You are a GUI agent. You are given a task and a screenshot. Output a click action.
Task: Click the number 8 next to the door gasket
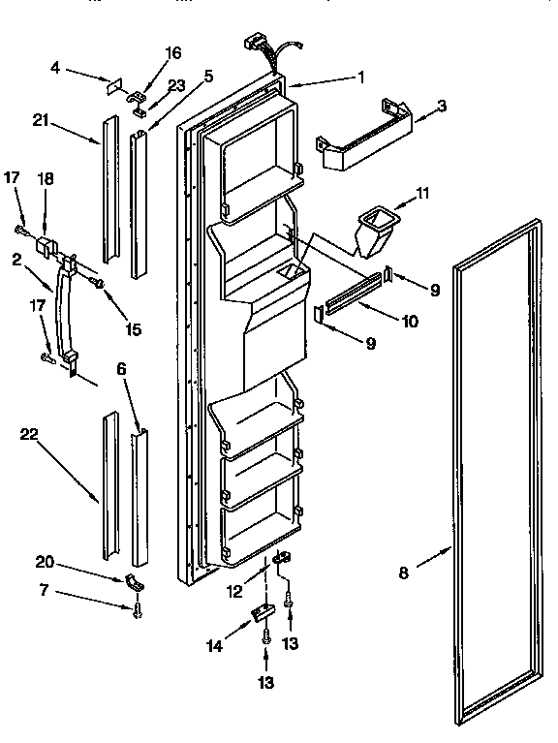(404, 573)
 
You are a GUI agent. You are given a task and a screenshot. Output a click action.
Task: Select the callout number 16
(171, 52)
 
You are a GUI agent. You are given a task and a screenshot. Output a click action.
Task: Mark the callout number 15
(134, 329)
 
